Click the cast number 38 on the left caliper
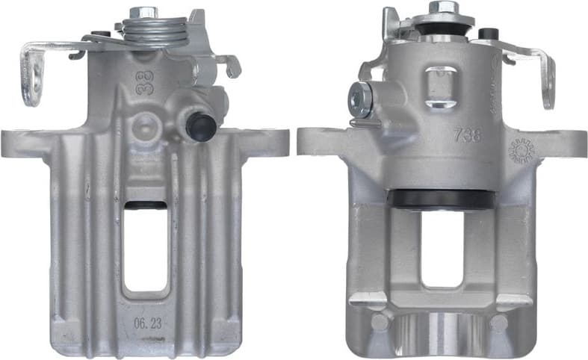point(143,81)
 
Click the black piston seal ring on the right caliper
point(442,199)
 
